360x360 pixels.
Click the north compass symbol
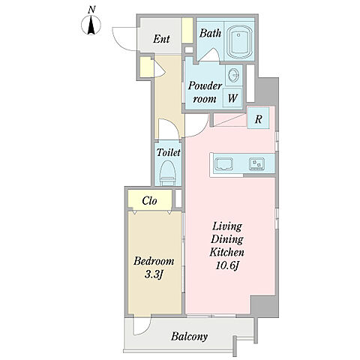tap(91, 25)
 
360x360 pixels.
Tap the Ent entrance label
tap(161, 39)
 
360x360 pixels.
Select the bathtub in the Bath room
tap(239, 42)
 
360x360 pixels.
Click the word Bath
tap(210, 33)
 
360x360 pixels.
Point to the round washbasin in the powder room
tap(234, 74)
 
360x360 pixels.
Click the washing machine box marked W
tap(232, 97)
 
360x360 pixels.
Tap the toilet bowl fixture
tap(167, 173)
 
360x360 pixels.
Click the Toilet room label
tap(168, 152)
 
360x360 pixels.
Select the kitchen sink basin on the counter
tap(224, 164)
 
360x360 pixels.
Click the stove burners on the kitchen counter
tap(256, 164)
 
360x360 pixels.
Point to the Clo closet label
tap(149, 201)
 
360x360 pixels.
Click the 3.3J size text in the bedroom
tap(154, 274)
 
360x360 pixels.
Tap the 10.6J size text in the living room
tap(227, 265)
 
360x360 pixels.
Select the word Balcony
tap(189, 337)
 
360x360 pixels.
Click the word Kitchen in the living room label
tap(226, 252)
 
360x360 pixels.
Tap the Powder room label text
tap(205, 92)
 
